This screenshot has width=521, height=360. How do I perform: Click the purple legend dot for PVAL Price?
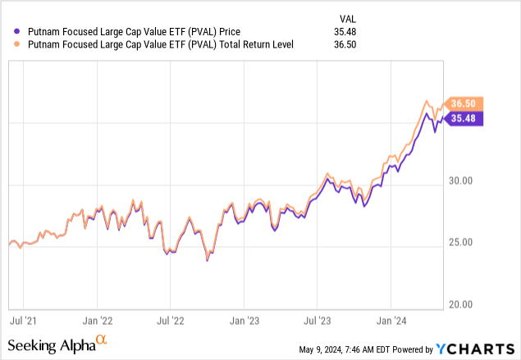11,32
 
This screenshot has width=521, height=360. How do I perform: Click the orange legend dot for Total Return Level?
11,44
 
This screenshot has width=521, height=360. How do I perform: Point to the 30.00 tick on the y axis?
462,182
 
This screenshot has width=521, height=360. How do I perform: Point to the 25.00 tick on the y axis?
462,243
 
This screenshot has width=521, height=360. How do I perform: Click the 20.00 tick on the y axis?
462,304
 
